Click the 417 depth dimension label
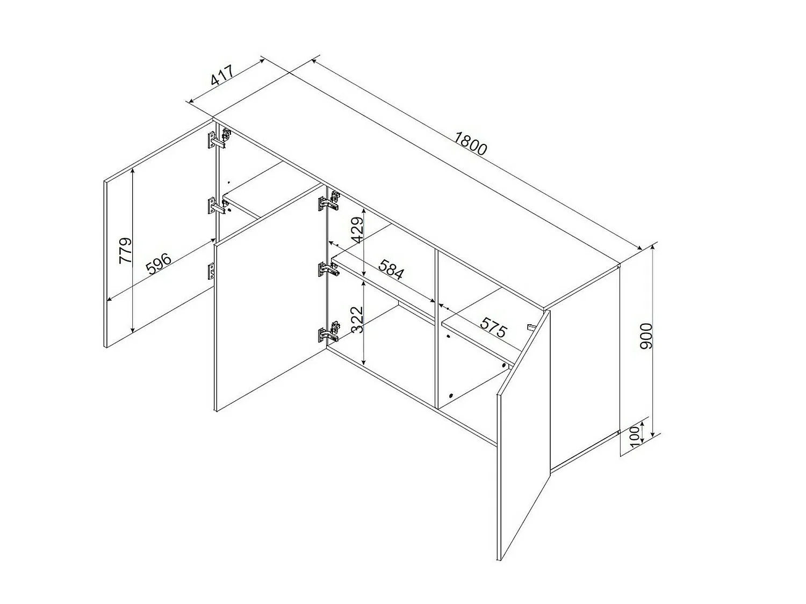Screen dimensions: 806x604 coord(222,81)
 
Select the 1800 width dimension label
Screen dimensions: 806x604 coord(470,143)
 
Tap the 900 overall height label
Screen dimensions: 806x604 coord(646,336)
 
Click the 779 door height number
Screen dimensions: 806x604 coord(125,251)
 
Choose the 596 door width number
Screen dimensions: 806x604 coord(159,263)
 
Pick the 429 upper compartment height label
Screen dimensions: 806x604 coord(357,230)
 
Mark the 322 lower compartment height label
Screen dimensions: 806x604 coord(357,319)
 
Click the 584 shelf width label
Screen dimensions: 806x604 coord(391,270)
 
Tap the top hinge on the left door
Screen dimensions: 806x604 coord(219,139)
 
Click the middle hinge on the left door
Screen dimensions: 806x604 coord(219,206)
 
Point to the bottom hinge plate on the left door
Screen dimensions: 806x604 coord(211,272)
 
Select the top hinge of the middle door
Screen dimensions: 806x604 coord(329,200)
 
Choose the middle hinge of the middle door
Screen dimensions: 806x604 coord(329,270)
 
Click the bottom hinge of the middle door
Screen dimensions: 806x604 coord(329,333)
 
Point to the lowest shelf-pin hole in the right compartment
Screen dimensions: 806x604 coord(451,395)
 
